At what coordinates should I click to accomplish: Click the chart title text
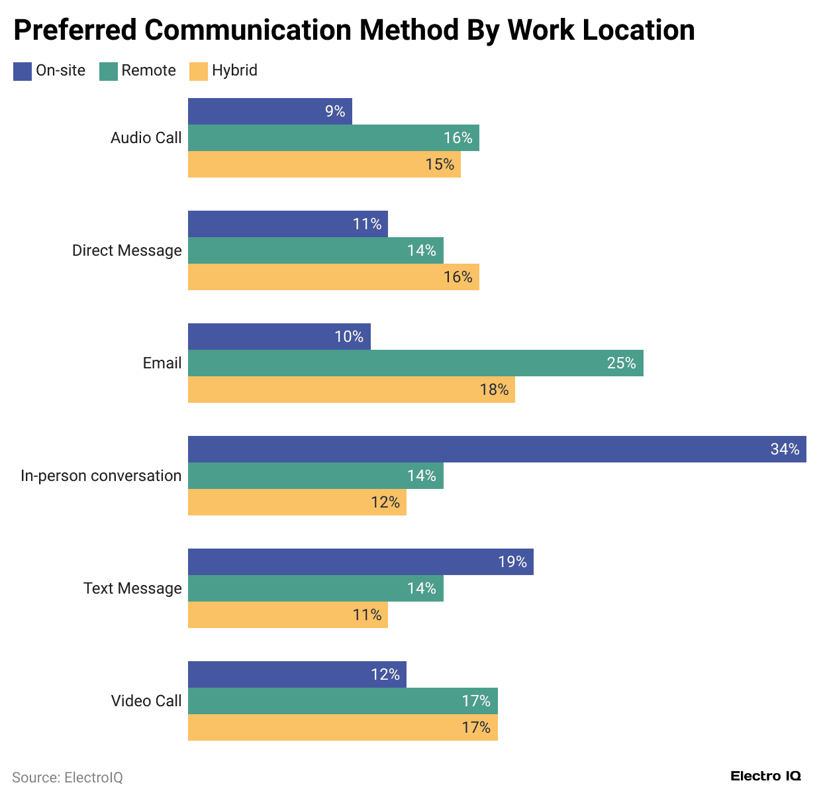[x=354, y=30]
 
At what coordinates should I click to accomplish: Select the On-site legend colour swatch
[x=23, y=71]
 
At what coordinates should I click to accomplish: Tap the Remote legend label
[x=148, y=71]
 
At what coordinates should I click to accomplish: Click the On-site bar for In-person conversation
[x=497, y=449]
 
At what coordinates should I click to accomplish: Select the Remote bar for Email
[x=415, y=363]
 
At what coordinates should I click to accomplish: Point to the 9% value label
[x=335, y=111]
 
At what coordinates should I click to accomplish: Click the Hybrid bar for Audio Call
[x=324, y=164]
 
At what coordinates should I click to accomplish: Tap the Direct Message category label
[x=126, y=250]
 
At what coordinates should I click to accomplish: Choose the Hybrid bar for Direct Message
[x=333, y=277]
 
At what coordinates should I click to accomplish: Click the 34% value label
[x=785, y=449]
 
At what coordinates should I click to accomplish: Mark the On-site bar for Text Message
[x=360, y=562]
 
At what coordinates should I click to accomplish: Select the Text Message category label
[x=132, y=588]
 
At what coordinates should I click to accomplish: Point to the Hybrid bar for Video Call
[x=342, y=727]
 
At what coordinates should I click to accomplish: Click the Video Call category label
[x=146, y=701]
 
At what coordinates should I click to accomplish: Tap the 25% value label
[x=621, y=363]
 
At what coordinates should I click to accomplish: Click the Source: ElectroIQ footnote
[x=68, y=777]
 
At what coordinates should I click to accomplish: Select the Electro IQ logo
[x=765, y=776]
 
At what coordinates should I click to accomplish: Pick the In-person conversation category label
[x=101, y=476]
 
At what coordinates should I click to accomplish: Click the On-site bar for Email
[x=279, y=337]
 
